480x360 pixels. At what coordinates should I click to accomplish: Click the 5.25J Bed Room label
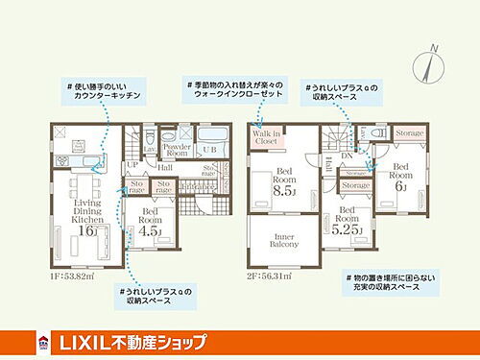coord(348,224)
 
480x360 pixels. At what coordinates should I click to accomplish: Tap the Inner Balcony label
coord(285,240)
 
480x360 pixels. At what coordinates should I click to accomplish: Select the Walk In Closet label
coord(266,137)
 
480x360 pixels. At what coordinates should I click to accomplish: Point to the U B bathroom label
coord(209,152)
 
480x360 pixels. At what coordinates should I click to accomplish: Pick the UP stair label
coord(132,166)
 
